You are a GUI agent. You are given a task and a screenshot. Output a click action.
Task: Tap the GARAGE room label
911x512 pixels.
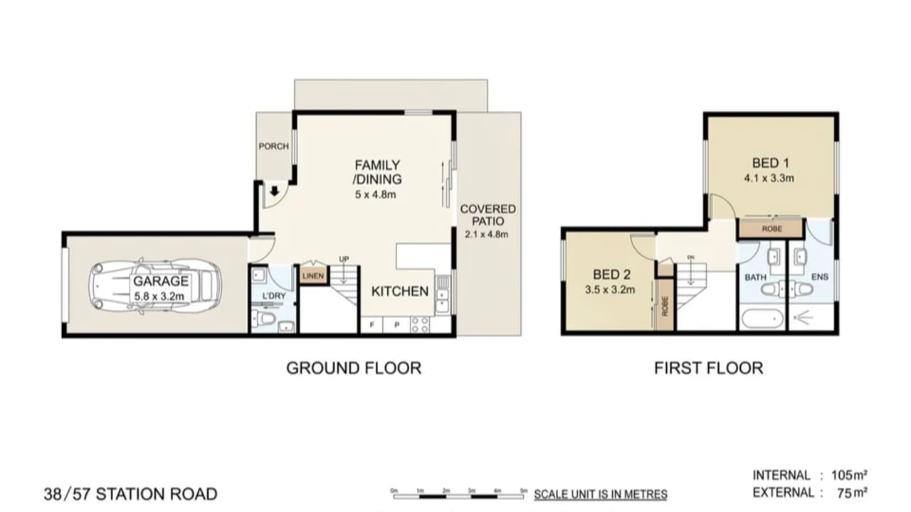point(161,281)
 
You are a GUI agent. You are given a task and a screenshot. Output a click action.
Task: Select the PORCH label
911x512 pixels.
point(273,146)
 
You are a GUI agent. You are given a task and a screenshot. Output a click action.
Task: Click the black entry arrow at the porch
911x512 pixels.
point(275,191)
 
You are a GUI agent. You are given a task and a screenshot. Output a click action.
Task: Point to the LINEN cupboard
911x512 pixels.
point(312,275)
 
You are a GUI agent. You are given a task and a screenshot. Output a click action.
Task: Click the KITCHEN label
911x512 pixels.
point(400,291)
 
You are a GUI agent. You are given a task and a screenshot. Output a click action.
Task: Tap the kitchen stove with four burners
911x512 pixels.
point(420,325)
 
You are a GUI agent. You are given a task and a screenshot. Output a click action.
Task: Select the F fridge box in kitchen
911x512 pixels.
point(371,326)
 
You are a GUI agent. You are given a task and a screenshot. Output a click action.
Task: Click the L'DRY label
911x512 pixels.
point(273,297)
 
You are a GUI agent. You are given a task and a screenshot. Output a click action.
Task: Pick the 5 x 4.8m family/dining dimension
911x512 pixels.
point(378,194)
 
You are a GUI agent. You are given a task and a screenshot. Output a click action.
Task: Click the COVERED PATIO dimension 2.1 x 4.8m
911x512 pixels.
point(488,234)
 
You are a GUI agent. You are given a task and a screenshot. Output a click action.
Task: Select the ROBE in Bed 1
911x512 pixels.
point(771,230)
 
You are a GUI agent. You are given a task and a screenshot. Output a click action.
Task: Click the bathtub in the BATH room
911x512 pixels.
point(762,318)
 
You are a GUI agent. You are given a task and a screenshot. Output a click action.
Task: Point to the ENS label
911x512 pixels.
point(820,277)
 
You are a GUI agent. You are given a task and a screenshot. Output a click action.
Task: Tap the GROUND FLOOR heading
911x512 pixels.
point(353,368)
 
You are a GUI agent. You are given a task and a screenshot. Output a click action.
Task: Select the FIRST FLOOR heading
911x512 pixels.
point(708,368)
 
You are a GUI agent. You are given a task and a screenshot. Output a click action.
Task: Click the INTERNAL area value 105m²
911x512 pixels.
point(850,475)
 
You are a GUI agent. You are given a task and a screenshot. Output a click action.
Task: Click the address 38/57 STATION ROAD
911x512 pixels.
point(130,494)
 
